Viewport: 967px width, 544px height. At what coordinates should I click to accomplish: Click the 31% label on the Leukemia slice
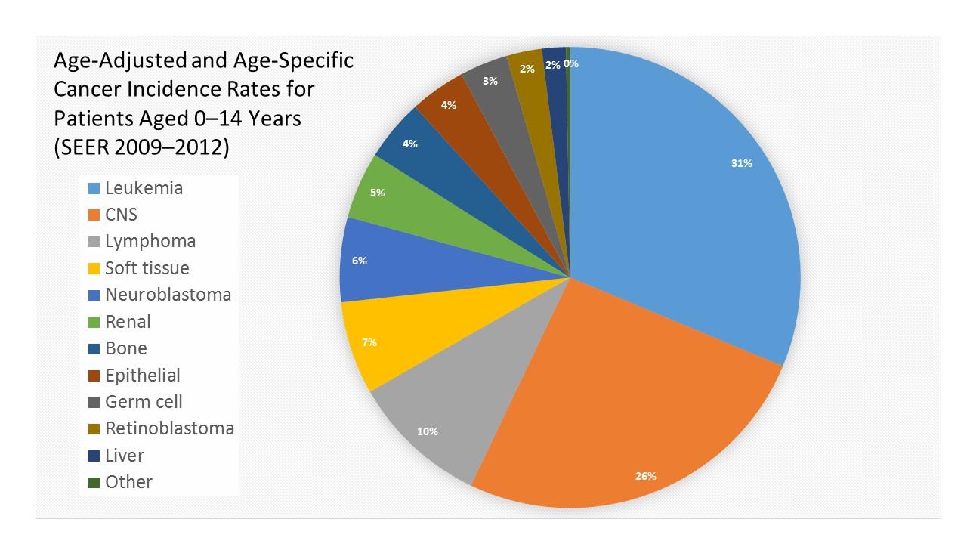(741, 163)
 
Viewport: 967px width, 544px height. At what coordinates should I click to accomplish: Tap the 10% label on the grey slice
(428, 431)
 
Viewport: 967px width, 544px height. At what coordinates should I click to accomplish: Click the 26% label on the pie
(646, 476)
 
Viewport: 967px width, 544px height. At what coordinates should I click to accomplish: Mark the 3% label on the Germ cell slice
(490, 81)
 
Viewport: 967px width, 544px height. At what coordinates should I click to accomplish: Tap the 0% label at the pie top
(571, 64)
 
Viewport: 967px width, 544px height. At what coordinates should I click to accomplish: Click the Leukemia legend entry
(144, 188)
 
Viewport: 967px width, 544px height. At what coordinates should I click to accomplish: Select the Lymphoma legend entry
(150, 242)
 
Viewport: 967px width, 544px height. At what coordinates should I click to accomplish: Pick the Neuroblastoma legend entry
(168, 295)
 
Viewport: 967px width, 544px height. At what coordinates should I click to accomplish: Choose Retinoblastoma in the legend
(169, 428)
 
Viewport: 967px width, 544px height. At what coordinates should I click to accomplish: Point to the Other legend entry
(128, 482)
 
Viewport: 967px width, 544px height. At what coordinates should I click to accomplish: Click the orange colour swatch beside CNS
(94, 215)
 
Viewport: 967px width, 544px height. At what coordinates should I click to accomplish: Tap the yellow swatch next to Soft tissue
(94, 269)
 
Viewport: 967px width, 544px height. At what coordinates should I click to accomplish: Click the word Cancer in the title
(87, 89)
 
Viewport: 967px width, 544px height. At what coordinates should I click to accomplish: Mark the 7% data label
(369, 342)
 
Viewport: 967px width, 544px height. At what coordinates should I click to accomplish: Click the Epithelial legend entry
(143, 376)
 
